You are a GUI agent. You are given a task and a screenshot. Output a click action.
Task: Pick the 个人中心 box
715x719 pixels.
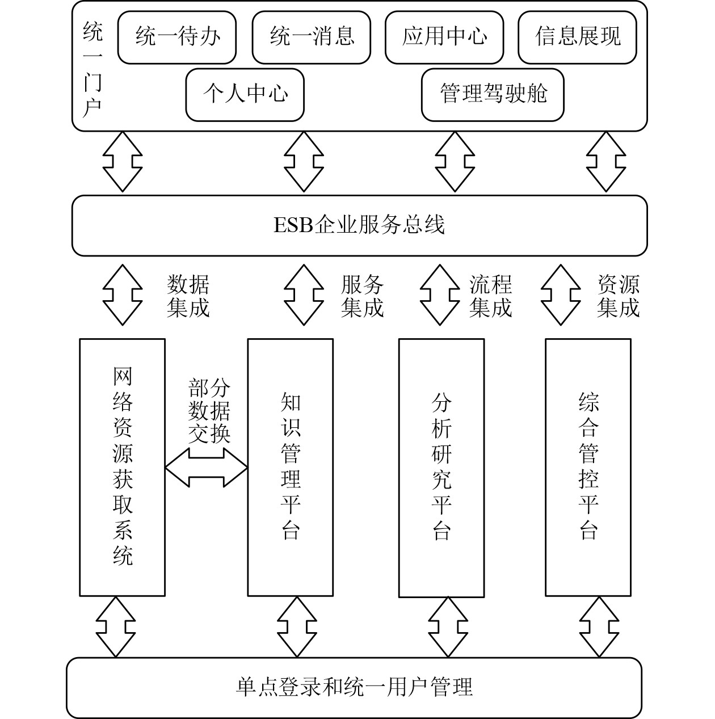[x=245, y=95]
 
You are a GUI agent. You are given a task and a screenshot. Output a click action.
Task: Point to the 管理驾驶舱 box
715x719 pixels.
[x=493, y=95]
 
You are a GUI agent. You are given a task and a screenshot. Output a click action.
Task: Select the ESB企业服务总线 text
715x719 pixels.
[x=359, y=226]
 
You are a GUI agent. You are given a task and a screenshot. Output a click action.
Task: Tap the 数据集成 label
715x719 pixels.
[x=188, y=296]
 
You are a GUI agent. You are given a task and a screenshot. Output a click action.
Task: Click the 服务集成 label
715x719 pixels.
[x=362, y=296]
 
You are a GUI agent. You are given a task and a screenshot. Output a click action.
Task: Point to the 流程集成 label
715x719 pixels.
[x=490, y=296]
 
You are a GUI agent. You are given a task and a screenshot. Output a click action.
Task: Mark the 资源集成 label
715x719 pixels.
[x=619, y=296]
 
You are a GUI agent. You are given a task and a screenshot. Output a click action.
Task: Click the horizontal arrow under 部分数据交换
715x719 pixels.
[x=207, y=468]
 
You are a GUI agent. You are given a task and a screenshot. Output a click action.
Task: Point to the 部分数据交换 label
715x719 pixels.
[x=209, y=411]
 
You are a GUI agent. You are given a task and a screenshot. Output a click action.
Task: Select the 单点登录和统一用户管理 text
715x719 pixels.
[x=354, y=687]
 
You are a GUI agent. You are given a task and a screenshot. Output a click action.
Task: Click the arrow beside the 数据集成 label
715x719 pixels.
[x=123, y=295]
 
